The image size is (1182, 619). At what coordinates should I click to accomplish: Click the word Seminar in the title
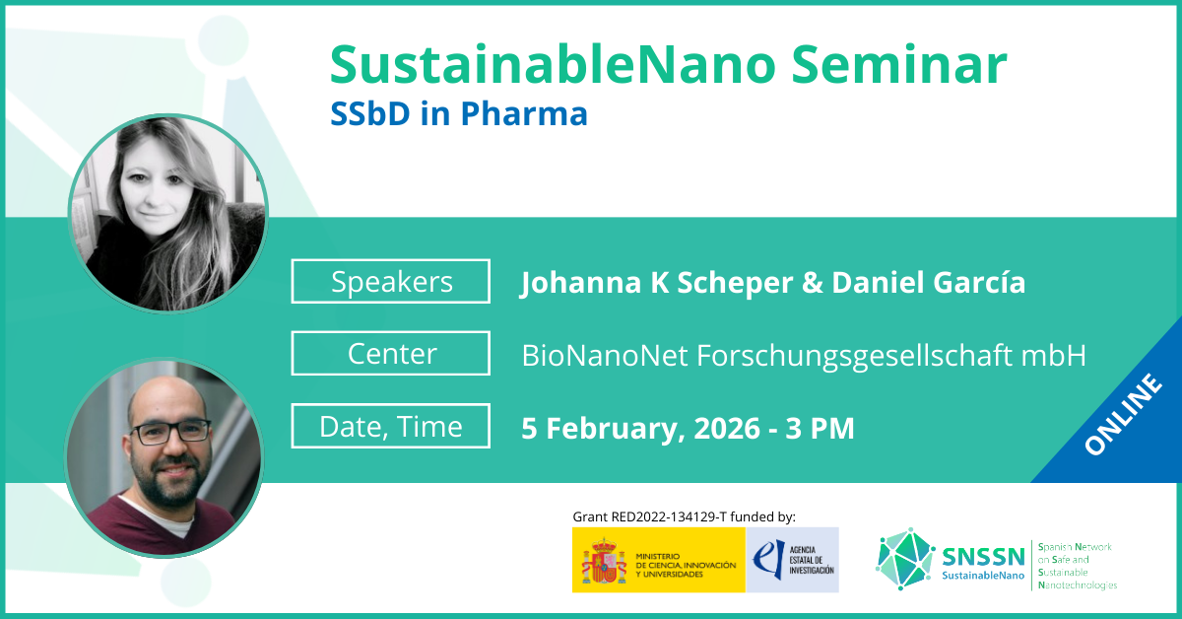[x=899, y=64]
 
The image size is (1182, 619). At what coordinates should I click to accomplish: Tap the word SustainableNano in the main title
[x=553, y=64]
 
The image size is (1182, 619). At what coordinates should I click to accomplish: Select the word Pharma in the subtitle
[x=524, y=113]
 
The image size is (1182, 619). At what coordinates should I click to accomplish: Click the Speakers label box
[x=390, y=281]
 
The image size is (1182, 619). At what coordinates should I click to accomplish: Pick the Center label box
[x=390, y=353]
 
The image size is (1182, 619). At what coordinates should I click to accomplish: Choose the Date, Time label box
[x=390, y=426]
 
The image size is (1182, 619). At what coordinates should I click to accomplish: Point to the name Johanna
[x=580, y=283]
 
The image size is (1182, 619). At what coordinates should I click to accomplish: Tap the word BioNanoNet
[x=605, y=355]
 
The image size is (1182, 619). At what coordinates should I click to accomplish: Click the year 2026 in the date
[x=727, y=428]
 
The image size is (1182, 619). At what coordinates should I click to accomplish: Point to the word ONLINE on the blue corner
[x=1123, y=414]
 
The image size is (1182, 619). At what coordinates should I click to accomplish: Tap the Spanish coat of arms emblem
[x=604, y=561]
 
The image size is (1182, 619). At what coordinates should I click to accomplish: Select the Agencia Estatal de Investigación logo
[x=792, y=560]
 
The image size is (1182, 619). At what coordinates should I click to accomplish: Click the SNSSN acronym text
[x=983, y=557]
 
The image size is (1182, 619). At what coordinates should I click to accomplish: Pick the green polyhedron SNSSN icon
[x=904, y=559]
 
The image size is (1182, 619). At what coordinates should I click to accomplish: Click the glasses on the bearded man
[x=171, y=432]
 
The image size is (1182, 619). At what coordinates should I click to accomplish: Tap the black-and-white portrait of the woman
[x=168, y=213]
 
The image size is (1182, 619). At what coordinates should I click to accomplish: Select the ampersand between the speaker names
[x=813, y=282]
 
